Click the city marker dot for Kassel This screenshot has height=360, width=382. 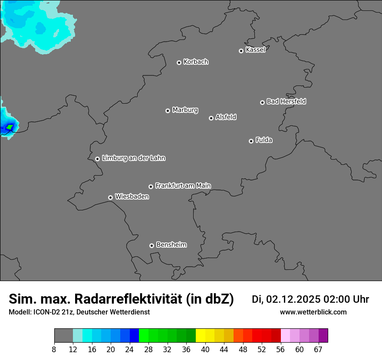[x=241, y=51]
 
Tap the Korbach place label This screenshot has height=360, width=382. [x=196, y=62]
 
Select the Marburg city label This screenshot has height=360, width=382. [x=185, y=110]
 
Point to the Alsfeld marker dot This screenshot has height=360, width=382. [x=211, y=118]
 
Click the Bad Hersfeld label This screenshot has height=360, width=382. [x=286, y=101]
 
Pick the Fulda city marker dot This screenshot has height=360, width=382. [x=251, y=141]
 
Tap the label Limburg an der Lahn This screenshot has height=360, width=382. [x=133, y=158]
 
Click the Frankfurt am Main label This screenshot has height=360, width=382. [x=183, y=186]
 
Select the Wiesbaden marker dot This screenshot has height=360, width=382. [x=110, y=197]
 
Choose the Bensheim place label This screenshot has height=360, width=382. [x=171, y=245]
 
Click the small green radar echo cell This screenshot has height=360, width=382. [x=10, y=127]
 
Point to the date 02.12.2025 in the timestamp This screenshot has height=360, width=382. [x=293, y=299]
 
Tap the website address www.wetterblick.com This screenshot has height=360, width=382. [x=313, y=312]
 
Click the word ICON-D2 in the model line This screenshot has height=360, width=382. [x=51, y=312]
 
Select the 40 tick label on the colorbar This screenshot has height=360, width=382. [x=205, y=349]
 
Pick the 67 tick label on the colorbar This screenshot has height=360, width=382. [x=318, y=349]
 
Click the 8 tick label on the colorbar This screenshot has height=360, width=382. [x=54, y=349]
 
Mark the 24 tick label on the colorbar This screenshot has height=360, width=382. [x=129, y=349]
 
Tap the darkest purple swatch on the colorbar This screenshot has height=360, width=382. [x=323, y=336]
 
